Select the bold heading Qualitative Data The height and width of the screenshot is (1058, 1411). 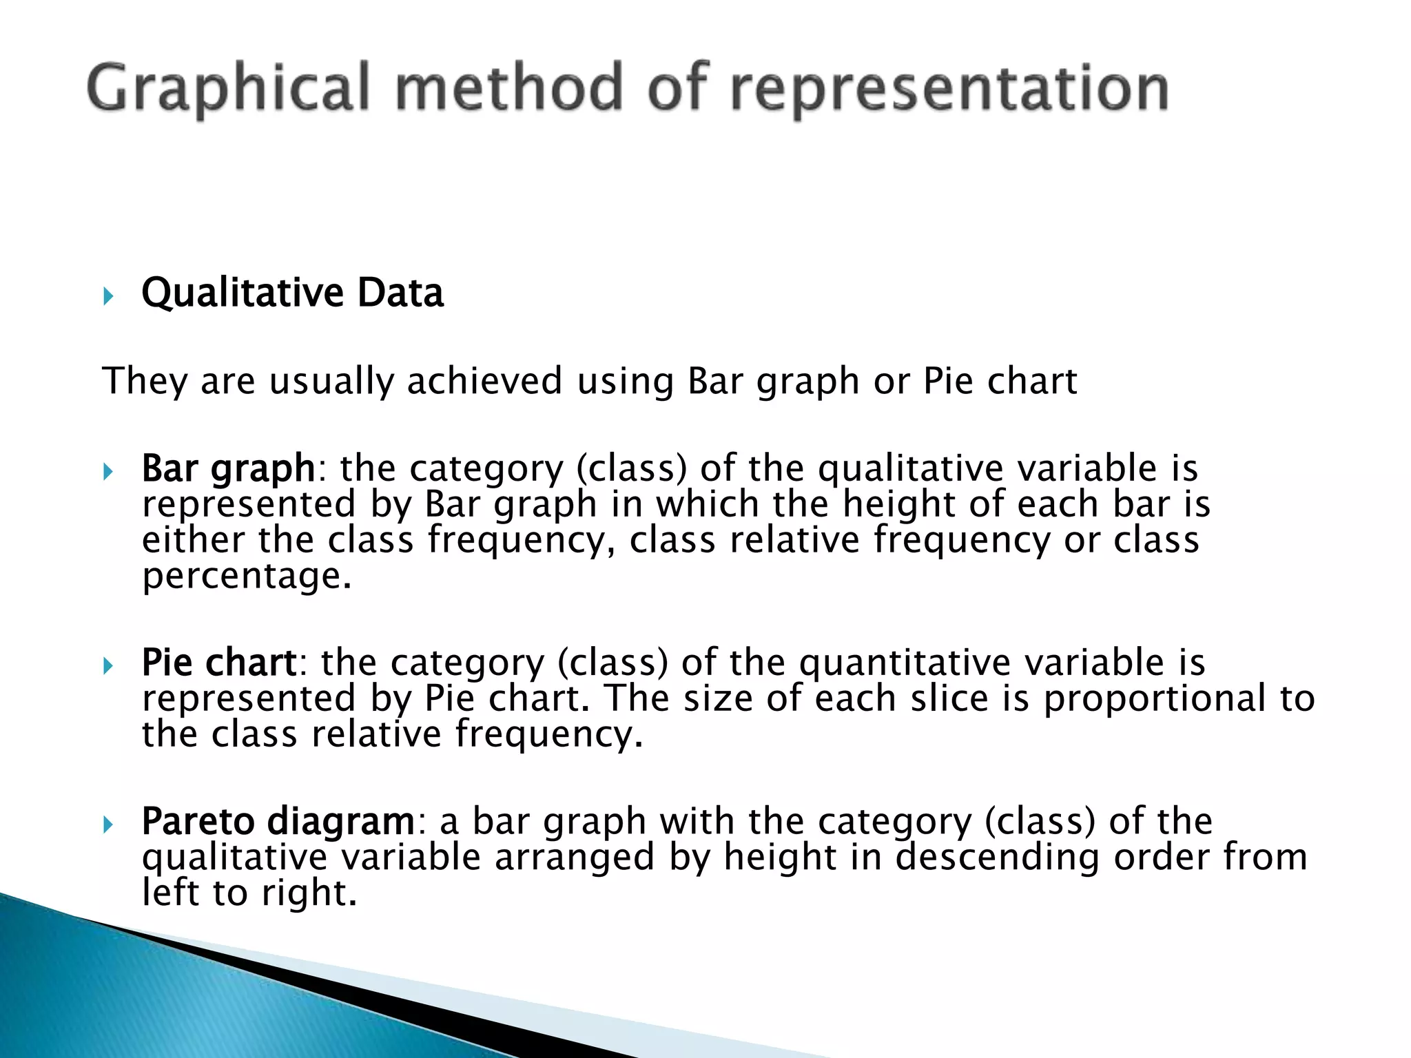pos(292,293)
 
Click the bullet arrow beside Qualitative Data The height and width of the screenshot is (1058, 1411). pos(108,297)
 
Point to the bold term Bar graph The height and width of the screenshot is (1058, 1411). pos(228,469)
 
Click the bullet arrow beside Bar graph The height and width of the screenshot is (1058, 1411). pos(108,473)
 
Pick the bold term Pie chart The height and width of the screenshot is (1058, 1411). pos(219,663)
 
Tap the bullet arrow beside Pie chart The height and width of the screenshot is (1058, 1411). pos(108,666)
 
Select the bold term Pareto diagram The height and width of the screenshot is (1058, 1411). pos(278,821)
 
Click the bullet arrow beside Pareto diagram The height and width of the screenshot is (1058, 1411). pos(108,824)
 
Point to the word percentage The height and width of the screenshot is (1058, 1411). pos(246,576)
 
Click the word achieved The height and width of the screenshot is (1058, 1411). pos(484,381)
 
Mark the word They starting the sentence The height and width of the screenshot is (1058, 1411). pos(144,381)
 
